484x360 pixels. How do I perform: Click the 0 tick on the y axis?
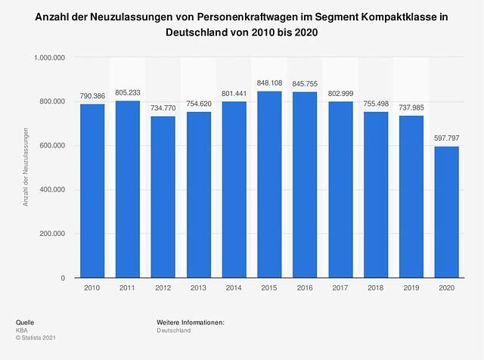(x=63, y=278)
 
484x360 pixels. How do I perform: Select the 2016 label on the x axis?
(x=306, y=289)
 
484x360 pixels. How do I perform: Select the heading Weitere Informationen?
(x=191, y=323)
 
